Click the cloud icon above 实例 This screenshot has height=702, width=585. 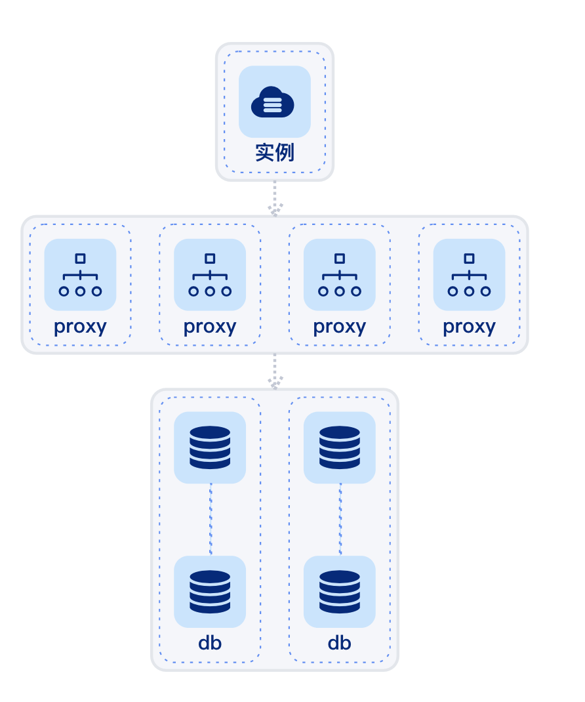(274, 102)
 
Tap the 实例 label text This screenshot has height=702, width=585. (275, 152)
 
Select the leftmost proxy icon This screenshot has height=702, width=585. (80, 275)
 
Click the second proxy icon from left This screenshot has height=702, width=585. (210, 275)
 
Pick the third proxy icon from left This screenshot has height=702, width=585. (339, 275)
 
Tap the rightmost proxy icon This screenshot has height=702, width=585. (469, 275)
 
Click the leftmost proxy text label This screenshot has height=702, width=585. (80, 326)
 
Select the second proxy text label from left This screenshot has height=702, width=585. (210, 326)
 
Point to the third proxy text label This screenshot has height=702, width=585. (339, 326)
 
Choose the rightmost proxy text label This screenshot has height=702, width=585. (469, 326)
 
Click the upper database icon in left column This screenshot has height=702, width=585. (210, 447)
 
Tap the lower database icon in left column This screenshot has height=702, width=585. (210, 592)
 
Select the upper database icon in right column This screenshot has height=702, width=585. (339, 447)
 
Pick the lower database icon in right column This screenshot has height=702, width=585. (339, 592)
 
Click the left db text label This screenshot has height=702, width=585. (210, 642)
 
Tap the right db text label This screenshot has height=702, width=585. (339, 642)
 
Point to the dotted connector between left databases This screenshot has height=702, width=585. (211, 520)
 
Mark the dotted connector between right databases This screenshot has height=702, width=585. (340, 520)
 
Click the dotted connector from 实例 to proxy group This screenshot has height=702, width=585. (275, 197)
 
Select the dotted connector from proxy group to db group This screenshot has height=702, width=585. (275, 370)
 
